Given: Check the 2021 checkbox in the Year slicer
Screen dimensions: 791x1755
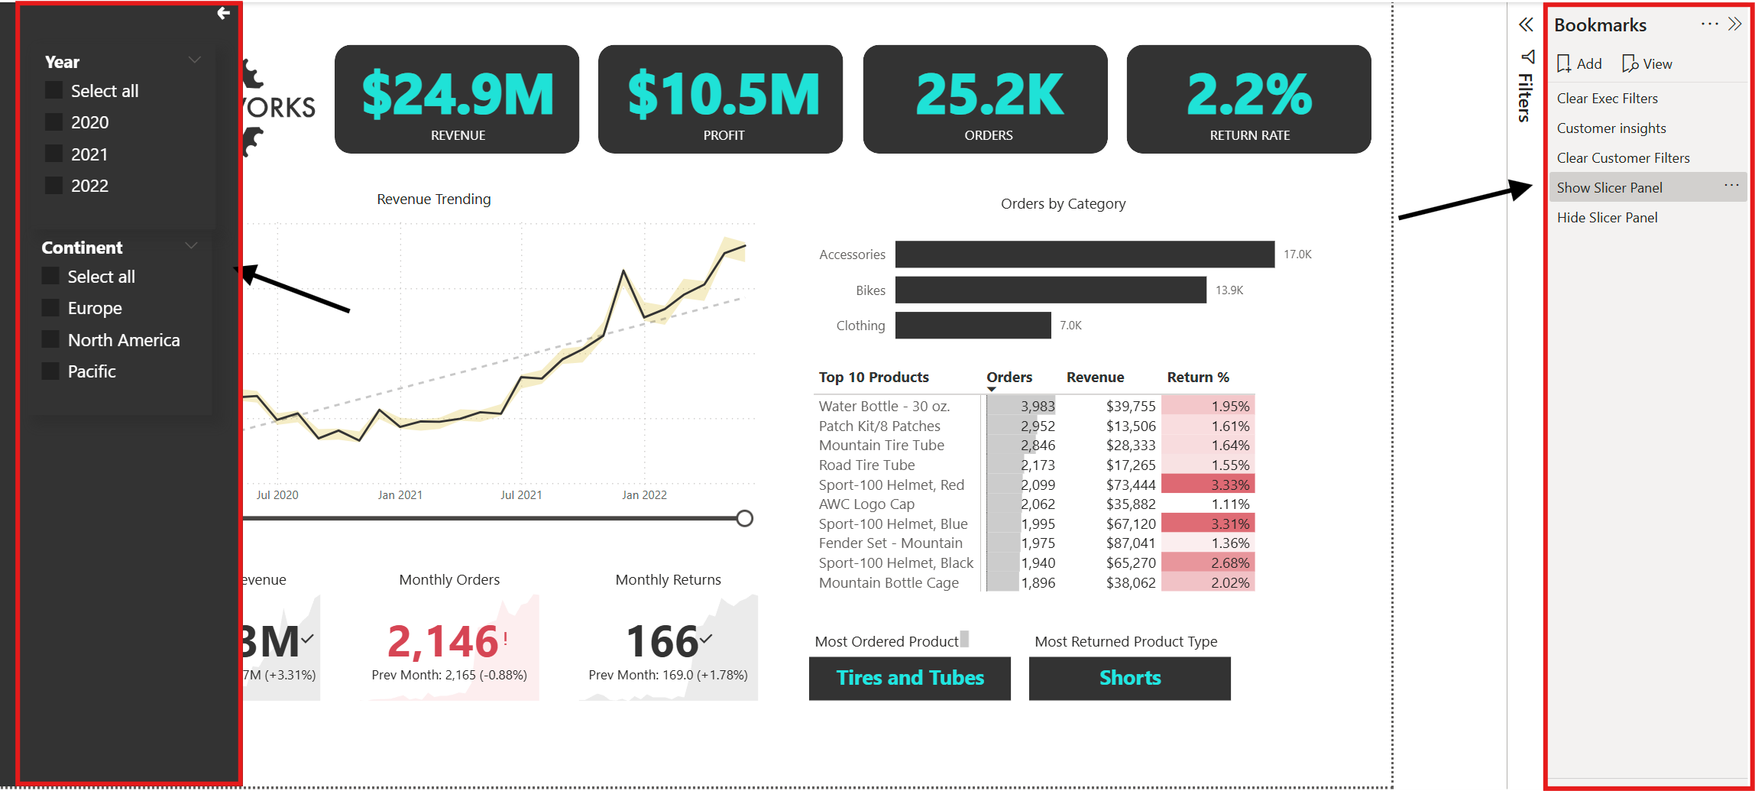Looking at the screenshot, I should point(53,154).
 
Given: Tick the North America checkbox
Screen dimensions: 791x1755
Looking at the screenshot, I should point(50,339).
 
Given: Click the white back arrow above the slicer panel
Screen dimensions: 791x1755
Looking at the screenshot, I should point(223,13).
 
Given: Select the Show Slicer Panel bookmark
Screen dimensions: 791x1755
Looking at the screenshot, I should point(1609,187).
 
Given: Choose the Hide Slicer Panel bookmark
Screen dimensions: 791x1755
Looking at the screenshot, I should point(1607,217).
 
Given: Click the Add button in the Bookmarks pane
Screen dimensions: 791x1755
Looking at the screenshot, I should point(1579,63).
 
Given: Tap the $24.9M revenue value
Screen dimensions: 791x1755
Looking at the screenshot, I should point(457,95).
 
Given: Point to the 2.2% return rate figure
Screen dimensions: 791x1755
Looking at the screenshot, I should point(1248,95).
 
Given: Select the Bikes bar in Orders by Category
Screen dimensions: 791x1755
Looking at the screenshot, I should point(1050,290).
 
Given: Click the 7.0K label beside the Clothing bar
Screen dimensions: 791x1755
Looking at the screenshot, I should point(1070,326).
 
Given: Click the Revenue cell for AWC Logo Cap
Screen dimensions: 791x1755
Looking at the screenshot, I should point(1130,504).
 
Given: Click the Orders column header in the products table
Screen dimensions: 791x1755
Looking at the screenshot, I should point(1009,377).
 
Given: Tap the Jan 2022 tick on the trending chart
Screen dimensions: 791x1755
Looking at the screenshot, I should point(644,494).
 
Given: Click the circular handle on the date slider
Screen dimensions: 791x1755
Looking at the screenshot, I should point(744,518).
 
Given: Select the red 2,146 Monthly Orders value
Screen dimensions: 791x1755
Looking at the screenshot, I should point(442,640).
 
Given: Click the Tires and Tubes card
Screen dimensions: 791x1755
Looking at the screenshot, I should point(909,678).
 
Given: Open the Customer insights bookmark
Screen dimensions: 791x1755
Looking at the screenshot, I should point(1611,128).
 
